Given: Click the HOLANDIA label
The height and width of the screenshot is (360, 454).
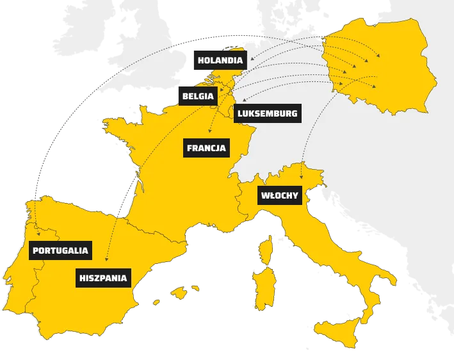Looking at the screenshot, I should coord(219,60).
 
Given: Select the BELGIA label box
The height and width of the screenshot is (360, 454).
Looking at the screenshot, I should coord(197,96).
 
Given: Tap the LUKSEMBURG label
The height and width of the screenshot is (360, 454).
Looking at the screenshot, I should coord(266,114).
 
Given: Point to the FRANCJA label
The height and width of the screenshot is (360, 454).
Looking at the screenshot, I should coord(206,148).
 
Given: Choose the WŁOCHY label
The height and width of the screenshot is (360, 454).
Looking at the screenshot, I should coord(280,195).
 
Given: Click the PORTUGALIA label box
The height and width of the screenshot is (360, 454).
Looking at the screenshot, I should coord(60,250).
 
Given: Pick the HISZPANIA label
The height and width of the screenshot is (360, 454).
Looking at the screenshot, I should coord(103,279).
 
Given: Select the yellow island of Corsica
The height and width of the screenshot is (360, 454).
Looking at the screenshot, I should coord(263,250).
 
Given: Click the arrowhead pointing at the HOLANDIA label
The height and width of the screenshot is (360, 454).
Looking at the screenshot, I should coord(249,60).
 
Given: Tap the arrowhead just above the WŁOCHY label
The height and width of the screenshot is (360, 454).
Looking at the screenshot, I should coord(300,179).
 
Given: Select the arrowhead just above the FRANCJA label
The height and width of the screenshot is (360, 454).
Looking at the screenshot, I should coord(210,133).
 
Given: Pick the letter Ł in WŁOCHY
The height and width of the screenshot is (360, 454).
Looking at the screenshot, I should coord(272,195).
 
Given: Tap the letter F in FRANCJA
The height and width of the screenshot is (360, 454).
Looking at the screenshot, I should coord(190,148).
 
